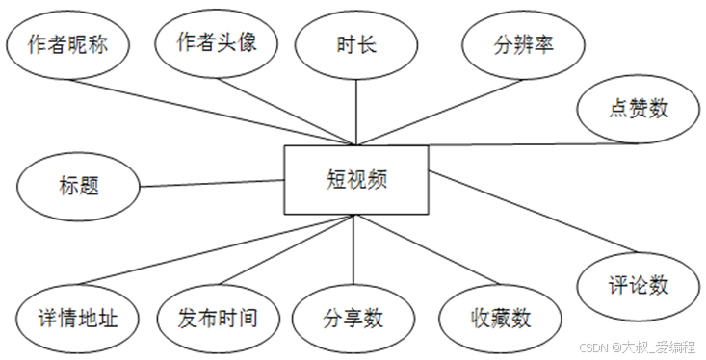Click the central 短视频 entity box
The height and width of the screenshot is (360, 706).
[356, 179]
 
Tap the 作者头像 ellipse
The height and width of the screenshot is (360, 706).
[216, 44]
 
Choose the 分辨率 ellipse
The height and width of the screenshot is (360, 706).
[523, 44]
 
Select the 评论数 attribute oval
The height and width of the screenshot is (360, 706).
[639, 285]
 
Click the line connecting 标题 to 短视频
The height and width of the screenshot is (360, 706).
[212, 181]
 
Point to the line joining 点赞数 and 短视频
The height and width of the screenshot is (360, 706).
[520, 144]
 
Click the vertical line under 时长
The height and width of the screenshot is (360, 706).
[355, 111]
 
